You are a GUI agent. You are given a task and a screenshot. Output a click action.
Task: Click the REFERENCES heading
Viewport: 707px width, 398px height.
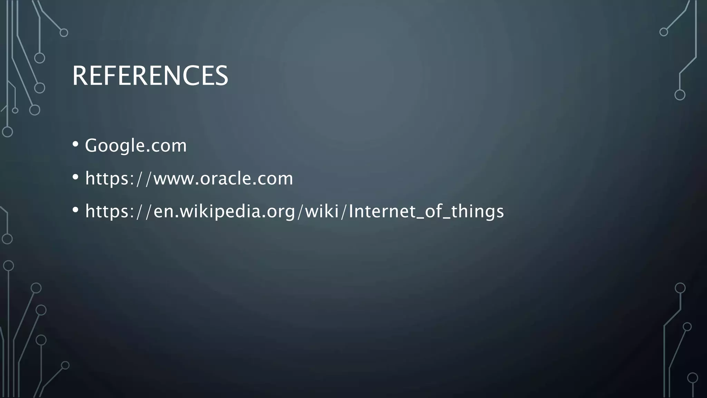pos(150,76)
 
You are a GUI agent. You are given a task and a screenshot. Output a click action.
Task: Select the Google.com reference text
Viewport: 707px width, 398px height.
pos(136,145)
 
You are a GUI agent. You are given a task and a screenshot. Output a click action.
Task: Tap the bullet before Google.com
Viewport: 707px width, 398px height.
pos(76,144)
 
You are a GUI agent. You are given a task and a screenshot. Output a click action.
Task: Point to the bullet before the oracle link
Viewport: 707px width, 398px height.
pos(76,177)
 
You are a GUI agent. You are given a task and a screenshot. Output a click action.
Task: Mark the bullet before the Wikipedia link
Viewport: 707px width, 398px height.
pos(76,210)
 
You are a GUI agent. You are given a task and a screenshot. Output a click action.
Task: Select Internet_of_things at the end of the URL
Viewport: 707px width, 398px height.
pos(426,211)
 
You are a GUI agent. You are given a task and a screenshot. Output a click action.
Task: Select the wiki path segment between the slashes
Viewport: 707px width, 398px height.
pos(322,211)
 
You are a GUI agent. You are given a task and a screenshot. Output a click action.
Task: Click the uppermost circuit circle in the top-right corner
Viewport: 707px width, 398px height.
pos(664,32)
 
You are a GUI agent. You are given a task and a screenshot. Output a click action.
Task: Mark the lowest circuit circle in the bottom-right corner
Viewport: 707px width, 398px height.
pos(693,378)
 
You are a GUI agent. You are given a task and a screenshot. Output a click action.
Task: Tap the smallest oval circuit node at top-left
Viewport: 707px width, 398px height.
pos(15,111)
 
